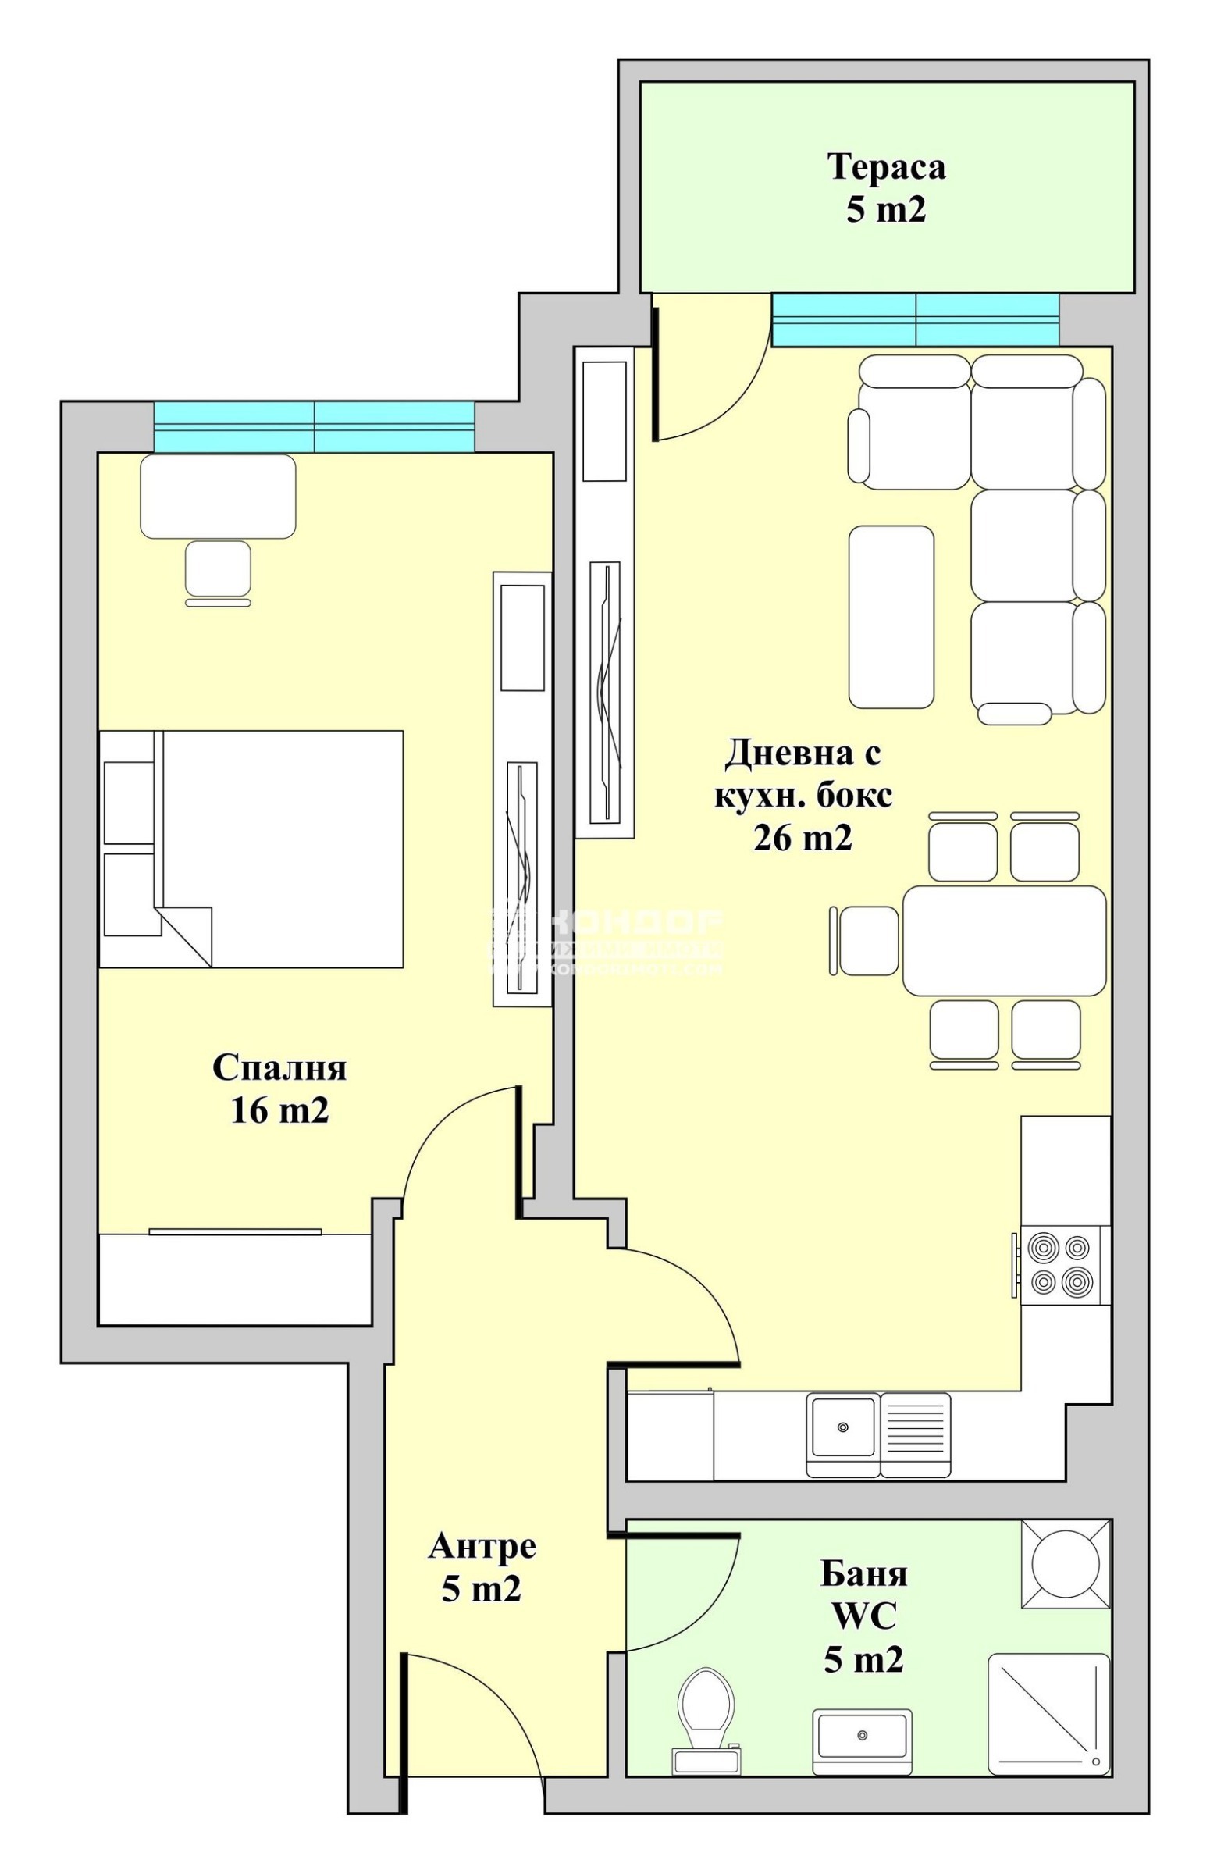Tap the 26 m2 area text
click(803, 839)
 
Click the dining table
click(1004, 941)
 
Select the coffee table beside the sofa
click(891, 617)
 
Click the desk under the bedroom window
click(218, 497)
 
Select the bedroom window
click(314, 426)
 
